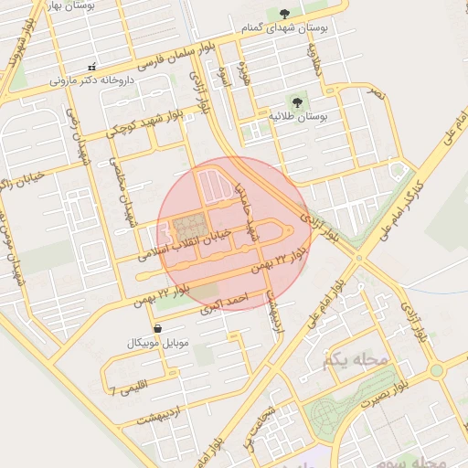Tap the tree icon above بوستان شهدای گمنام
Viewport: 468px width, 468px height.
pos(285,13)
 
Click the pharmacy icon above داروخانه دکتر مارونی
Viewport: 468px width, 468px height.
pos(90,68)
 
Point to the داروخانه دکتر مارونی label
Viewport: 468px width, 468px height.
pos(91,80)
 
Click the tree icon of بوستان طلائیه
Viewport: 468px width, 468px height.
pos(295,101)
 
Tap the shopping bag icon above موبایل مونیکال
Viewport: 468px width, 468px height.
pos(158,327)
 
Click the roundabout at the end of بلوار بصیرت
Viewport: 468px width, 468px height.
pos(437,370)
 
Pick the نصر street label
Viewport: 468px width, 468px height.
pos(378,94)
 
